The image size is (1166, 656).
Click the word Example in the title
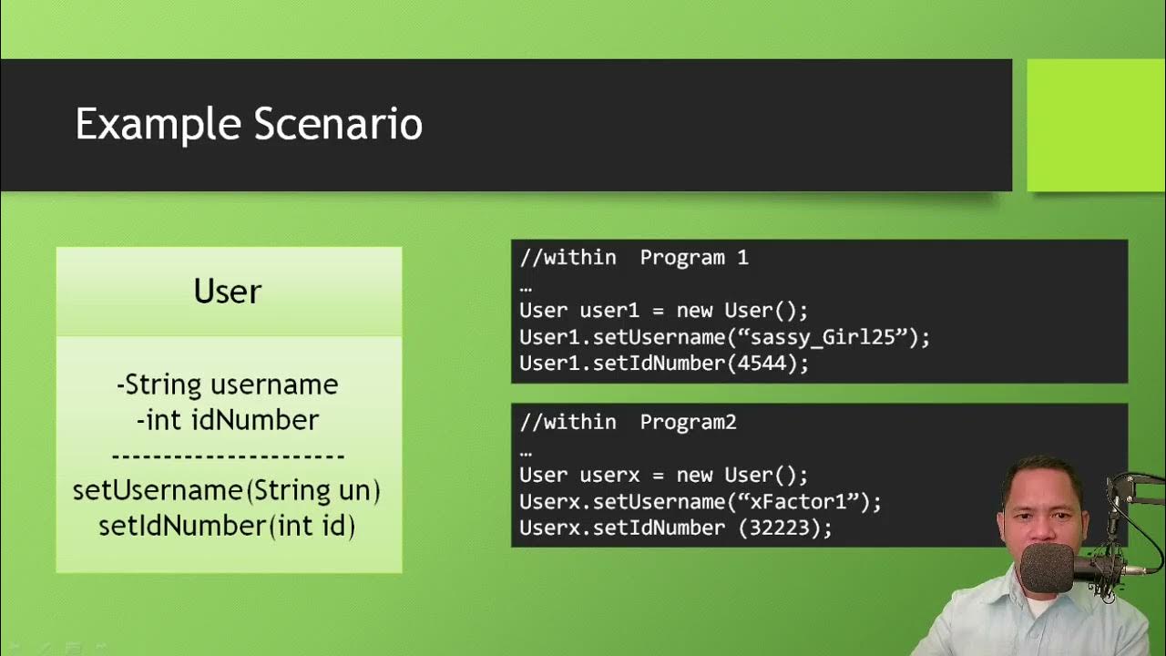[158, 125]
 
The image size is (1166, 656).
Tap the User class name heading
[228, 292]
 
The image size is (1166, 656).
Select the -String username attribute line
[228, 384]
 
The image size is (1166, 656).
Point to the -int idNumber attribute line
[228, 420]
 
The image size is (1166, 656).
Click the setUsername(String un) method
[227, 490]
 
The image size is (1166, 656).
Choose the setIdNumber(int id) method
[227, 526]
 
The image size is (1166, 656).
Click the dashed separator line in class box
[228, 456]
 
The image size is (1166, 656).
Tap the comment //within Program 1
[633, 258]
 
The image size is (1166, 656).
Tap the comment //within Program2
[628, 423]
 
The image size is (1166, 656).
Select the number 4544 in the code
[779, 364]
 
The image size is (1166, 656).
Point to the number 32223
[791, 528]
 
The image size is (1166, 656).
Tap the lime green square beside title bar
[1096, 125]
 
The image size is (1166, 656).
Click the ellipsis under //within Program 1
[526, 286]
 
